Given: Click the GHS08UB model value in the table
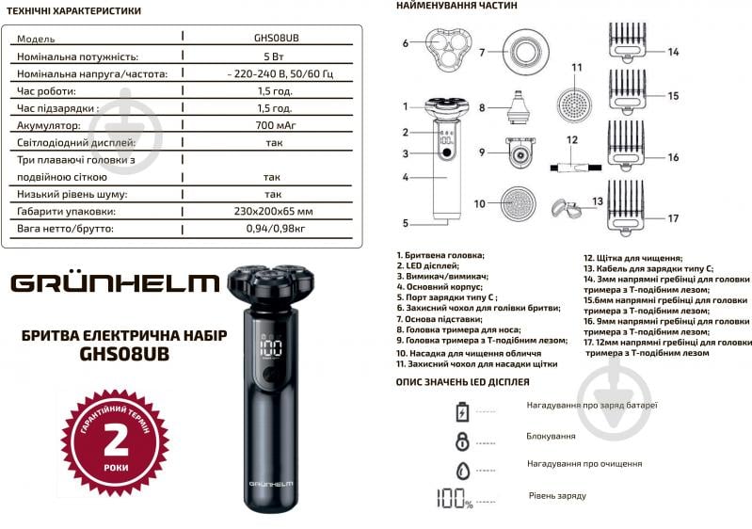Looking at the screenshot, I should (272, 40).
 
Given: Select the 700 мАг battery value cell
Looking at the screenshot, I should (272, 125).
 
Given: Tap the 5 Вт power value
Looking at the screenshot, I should (272, 56).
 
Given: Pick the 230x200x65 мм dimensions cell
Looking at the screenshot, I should (272, 211).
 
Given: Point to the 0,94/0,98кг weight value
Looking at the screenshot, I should (272, 229).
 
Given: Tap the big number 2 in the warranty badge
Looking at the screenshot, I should (115, 438).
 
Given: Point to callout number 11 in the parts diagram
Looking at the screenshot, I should (578, 68).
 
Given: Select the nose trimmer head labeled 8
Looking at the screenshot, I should (514, 104).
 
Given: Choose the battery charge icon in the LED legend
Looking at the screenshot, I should (462, 411).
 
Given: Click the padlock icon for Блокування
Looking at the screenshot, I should (462, 440).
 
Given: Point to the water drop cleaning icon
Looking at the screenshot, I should (462, 469).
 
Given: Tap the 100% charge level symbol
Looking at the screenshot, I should (454, 499).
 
